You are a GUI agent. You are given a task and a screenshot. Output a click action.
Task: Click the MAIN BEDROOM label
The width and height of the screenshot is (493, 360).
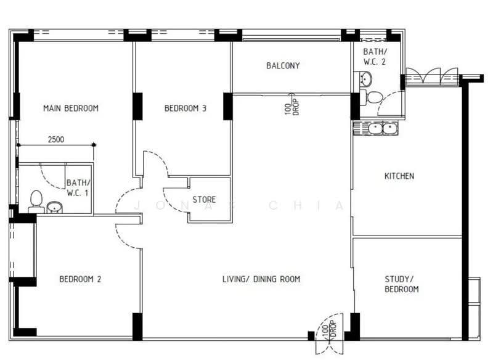pyautogui.click(x=71, y=108)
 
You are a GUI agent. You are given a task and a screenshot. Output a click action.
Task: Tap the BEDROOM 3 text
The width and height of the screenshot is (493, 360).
pyautogui.click(x=185, y=108)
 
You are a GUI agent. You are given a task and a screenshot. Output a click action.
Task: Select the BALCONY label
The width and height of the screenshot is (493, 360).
pyautogui.click(x=283, y=66)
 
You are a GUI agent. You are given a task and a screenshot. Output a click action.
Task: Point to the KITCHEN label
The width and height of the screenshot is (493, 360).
pyautogui.click(x=399, y=176)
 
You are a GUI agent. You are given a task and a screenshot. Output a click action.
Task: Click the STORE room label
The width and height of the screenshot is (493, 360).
pyautogui.click(x=204, y=200)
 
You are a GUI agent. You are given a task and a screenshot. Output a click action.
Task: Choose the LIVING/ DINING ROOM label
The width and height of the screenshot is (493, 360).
pyautogui.click(x=261, y=279)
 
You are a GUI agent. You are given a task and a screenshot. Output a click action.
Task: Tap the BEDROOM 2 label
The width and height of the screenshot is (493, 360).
pyautogui.click(x=80, y=279)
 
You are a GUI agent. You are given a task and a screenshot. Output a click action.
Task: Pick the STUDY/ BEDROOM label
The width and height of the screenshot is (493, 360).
pyautogui.click(x=402, y=284)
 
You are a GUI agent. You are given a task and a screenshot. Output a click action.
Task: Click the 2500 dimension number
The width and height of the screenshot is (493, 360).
pyautogui.click(x=56, y=139)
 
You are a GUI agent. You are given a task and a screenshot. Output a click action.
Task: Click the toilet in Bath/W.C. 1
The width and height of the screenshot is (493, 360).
pyautogui.click(x=36, y=201)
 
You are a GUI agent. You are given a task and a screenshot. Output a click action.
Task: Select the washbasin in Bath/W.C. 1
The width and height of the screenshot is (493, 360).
pyautogui.click(x=55, y=208)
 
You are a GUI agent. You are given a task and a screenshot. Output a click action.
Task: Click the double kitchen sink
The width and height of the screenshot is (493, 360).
pyautogui.click(x=375, y=129)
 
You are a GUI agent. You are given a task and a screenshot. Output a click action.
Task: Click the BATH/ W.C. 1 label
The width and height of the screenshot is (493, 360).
pyautogui.click(x=78, y=187)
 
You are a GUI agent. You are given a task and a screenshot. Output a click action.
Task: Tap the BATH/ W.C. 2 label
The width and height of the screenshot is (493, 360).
pyautogui.click(x=375, y=57)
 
